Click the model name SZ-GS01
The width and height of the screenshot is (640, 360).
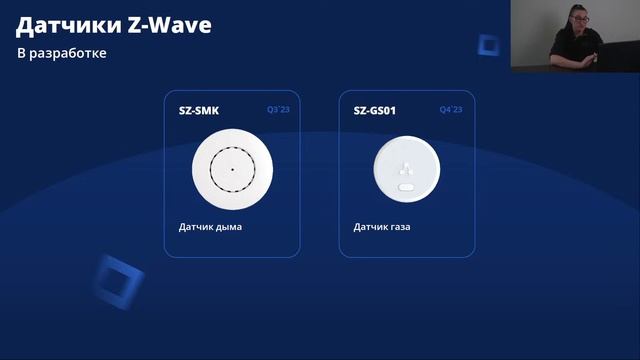(375, 110)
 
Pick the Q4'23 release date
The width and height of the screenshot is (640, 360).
(451, 110)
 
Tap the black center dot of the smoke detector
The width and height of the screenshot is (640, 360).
(232, 168)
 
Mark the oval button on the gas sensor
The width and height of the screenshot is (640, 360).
(407, 186)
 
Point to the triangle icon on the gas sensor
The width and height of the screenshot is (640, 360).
(407, 166)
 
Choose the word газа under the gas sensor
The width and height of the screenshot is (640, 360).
(399, 227)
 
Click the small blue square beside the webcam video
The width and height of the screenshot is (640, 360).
(489, 44)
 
